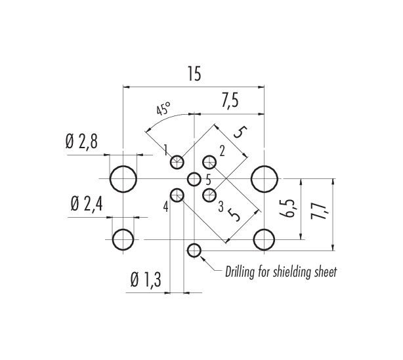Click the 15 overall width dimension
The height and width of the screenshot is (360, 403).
pos(194,73)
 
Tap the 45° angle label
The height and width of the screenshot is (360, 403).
pos(163,109)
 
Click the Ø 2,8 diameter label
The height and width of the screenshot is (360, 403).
pos(81,142)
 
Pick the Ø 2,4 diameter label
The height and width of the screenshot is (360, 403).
pos(87,205)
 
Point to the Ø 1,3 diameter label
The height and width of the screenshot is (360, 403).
pos(146,279)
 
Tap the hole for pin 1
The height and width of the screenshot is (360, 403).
pos(177,162)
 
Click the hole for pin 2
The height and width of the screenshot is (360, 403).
pos(209,162)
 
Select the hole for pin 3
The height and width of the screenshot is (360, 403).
pos(209,195)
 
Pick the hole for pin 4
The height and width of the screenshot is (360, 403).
pos(177,195)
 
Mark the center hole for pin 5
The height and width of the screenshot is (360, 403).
pos(194,179)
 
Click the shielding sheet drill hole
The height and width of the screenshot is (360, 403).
pos(194,250)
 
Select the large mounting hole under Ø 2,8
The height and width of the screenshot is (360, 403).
pos(123,179)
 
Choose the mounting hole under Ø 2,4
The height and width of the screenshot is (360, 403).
pos(123,239)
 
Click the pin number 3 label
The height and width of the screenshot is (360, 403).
pos(221,207)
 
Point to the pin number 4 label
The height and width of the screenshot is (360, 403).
pos(166,207)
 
